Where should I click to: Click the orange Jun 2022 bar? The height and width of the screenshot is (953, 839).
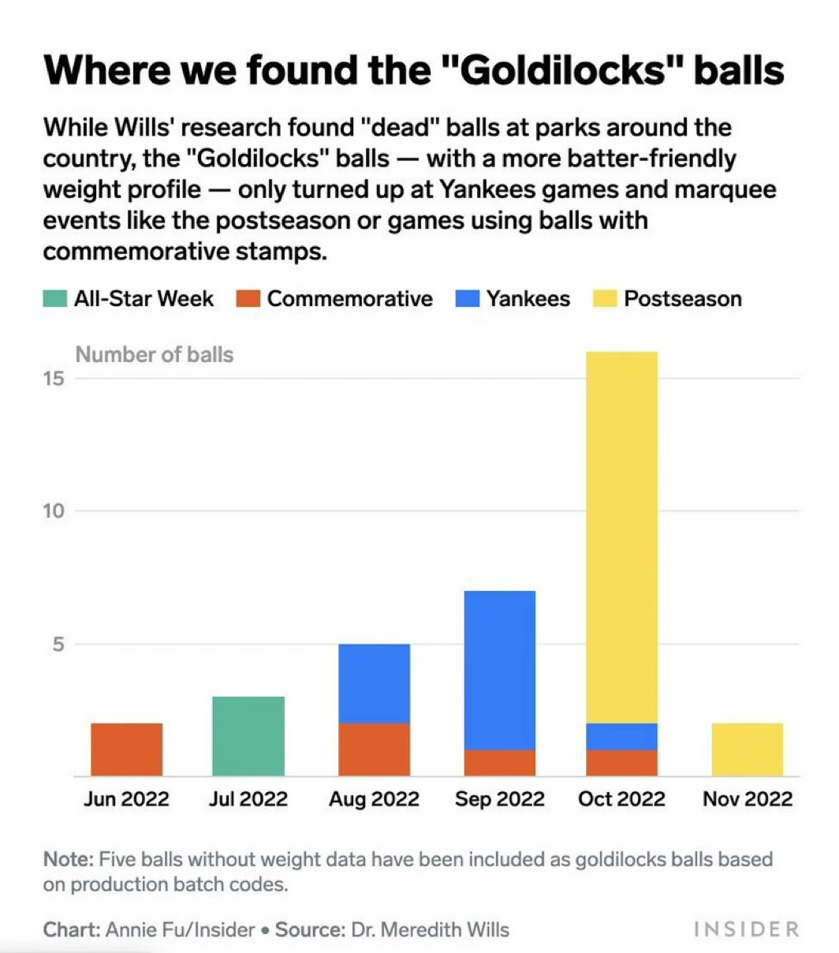click(126, 749)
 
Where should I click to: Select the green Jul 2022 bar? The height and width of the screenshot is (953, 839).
click(248, 736)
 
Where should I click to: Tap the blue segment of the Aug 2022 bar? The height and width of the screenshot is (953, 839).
click(374, 683)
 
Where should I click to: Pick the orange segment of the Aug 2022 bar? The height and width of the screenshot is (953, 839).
click(374, 749)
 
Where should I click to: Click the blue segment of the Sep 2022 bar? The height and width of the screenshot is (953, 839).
click(499, 669)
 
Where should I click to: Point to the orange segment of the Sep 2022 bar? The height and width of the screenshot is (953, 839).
click(499, 763)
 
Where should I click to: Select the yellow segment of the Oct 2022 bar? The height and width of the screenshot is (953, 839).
click(621, 536)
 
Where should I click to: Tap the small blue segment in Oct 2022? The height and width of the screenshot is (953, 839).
click(621, 736)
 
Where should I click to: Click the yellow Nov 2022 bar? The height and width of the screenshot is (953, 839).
click(747, 749)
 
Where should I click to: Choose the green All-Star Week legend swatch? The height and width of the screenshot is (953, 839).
click(54, 299)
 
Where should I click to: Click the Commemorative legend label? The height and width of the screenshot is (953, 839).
click(349, 299)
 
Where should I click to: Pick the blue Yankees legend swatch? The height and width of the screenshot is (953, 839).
click(467, 299)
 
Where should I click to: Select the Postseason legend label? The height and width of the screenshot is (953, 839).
click(682, 299)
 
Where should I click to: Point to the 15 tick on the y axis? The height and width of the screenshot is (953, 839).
click(53, 379)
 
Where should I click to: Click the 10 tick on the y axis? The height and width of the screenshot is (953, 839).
click(53, 511)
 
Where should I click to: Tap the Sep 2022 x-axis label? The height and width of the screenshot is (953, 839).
click(499, 798)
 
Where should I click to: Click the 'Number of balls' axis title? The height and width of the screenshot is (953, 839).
click(155, 354)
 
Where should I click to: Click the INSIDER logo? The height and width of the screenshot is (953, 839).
click(746, 929)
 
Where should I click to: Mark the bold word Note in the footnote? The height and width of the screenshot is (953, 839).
click(68, 859)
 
